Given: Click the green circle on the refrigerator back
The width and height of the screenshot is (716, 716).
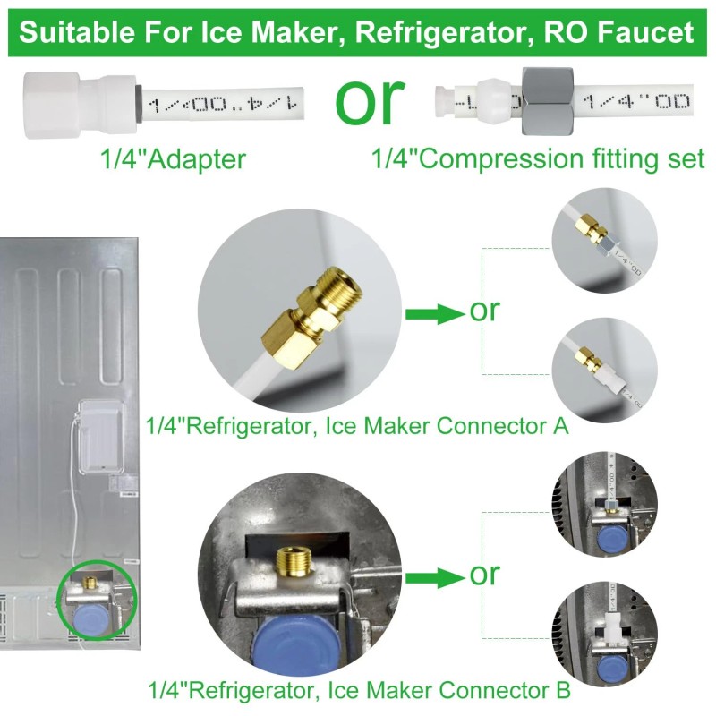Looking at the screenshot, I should click(x=96, y=600).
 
